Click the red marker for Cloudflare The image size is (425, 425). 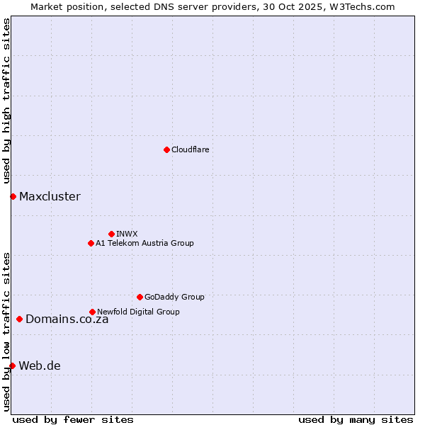(x=166, y=149)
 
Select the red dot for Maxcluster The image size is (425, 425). (x=13, y=196)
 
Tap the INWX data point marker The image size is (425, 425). (x=111, y=234)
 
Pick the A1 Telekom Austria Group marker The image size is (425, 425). (x=91, y=243)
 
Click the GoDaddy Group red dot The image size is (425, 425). (x=140, y=297)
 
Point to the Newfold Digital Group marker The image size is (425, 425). (x=92, y=312)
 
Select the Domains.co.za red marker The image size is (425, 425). (x=19, y=319)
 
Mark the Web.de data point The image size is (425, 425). (x=12, y=365)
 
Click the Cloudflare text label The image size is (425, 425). (x=191, y=149)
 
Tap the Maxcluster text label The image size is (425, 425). (x=50, y=196)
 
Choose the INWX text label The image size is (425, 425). (x=127, y=234)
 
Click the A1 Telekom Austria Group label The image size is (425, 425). (x=144, y=243)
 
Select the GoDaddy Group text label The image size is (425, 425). (x=174, y=297)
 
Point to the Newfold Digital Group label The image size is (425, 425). (x=138, y=312)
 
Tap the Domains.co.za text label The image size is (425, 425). (x=67, y=319)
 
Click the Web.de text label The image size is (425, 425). (x=40, y=365)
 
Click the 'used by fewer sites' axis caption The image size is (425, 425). (x=73, y=419)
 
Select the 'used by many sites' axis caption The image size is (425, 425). (x=356, y=419)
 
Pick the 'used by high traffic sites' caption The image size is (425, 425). (x=6, y=101)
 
